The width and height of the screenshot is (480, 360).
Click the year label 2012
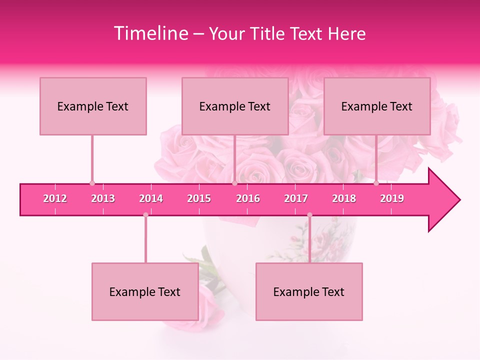[55, 198]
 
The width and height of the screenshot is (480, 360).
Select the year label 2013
[103, 198]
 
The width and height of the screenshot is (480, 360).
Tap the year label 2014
[151, 198]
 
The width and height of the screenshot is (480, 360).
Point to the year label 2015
[199, 198]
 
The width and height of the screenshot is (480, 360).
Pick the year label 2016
[248, 198]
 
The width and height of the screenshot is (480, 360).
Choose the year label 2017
[296, 198]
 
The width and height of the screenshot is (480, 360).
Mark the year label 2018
[344, 198]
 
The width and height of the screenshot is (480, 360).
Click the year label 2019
[392, 198]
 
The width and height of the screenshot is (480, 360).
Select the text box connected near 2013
[93, 106]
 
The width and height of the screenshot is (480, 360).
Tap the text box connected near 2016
[235, 106]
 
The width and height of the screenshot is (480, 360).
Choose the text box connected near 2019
[377, 106]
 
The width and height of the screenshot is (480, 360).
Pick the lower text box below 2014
[145, 291]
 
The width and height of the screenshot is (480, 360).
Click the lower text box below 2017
[309, 291]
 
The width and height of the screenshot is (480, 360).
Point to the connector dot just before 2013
[92, 183]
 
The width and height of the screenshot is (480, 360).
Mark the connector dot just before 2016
[234, 183]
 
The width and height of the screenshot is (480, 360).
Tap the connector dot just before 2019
[376, 183]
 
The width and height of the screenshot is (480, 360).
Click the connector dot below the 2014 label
[145, 215]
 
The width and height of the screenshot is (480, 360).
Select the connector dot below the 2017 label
[309, 215]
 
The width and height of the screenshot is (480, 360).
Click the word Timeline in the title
[150, 33]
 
